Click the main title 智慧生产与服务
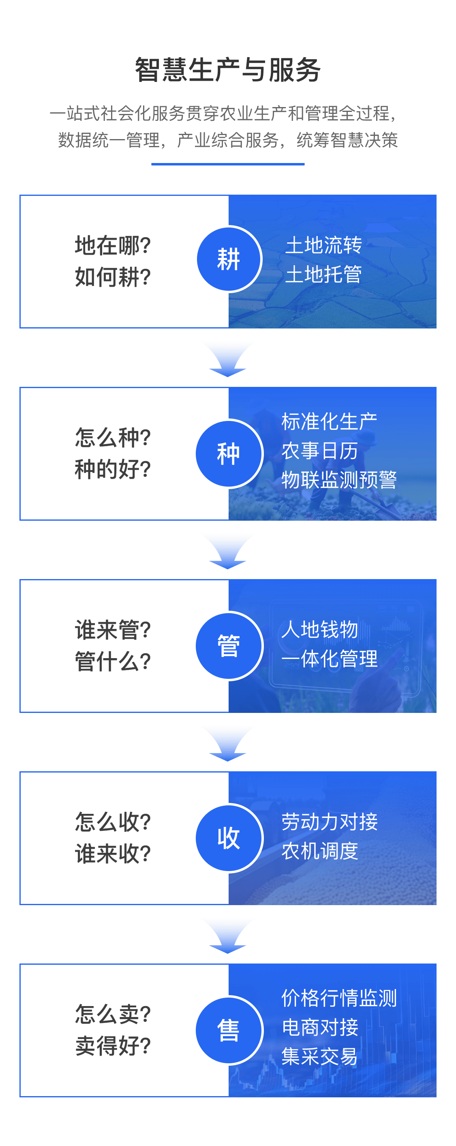(228, 70)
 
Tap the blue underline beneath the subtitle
(228, 164)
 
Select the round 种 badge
(229, 453)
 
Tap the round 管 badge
(229, 646)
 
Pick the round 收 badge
(229, 838)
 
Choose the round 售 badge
(229, 1030)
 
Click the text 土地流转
(323, 245)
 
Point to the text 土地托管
(323, 274)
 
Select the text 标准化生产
(329, 421)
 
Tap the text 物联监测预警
(339, 480)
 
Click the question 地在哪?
(113, 246)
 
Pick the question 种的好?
(113, 469)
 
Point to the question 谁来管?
(113, 630)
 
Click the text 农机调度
(320, 851)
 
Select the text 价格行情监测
(339, 998)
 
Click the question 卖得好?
(113, 1046)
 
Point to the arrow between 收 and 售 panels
(228, 937)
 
